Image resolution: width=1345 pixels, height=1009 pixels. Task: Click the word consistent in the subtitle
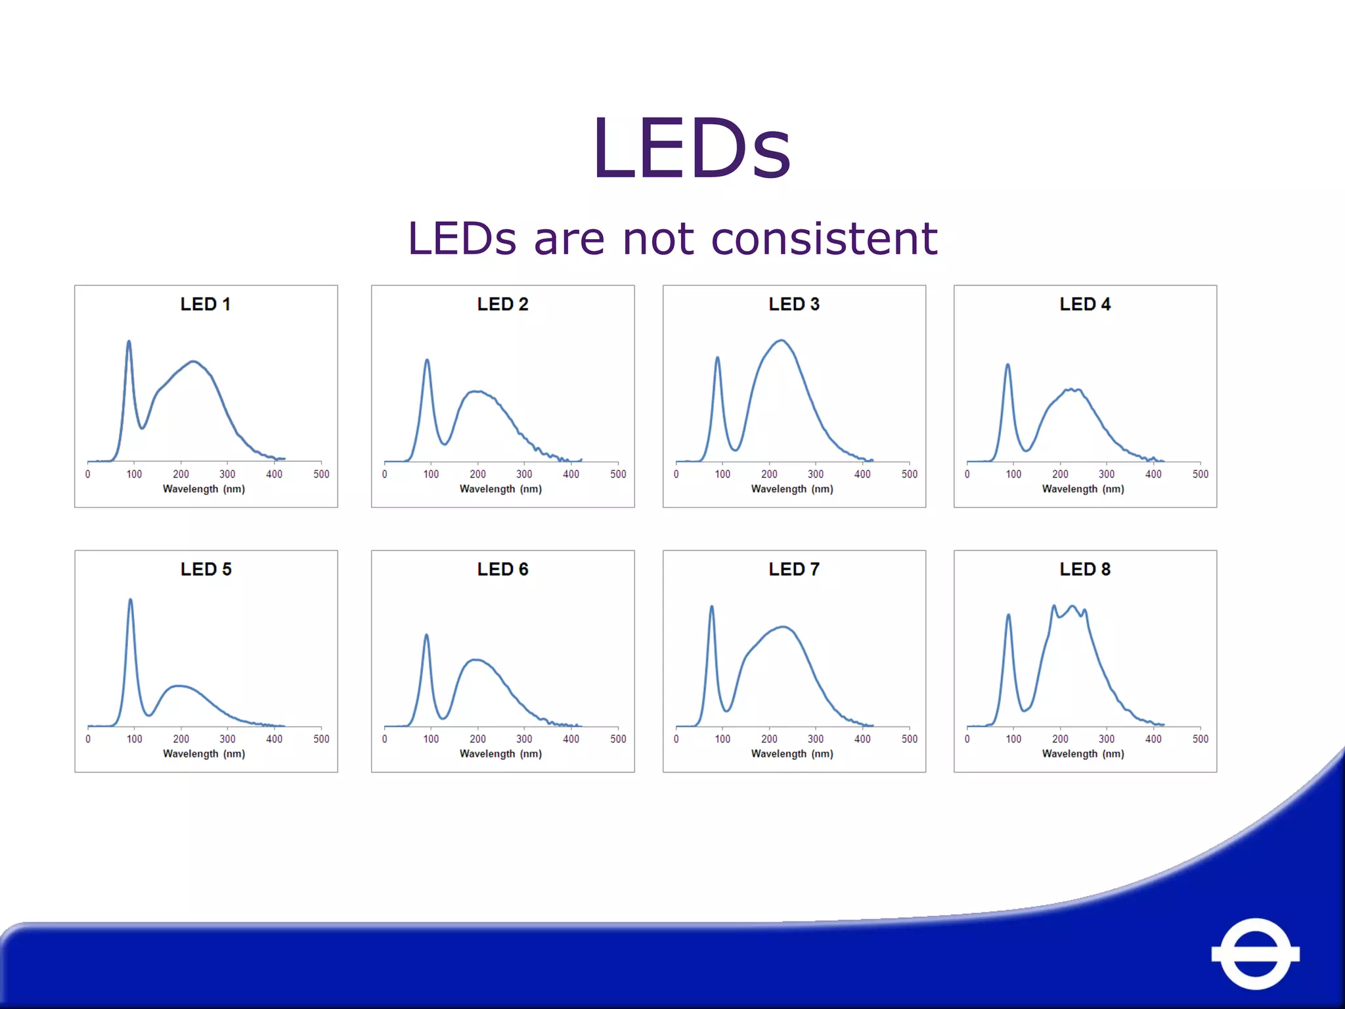(x=824, y=238)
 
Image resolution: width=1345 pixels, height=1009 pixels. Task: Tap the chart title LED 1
(x=206, y=304)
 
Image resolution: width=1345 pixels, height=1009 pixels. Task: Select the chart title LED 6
(x=502, y=569)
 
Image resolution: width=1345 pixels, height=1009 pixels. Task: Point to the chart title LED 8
(x=1085, y=569)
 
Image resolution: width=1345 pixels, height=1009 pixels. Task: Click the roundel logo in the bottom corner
(x=1255, y=953)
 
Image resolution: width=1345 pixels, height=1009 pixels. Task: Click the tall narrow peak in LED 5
(x=130, y=601)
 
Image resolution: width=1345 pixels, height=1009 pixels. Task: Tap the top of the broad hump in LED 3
(x=782, y=341)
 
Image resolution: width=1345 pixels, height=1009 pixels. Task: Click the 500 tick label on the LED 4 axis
(x=1200, y=474)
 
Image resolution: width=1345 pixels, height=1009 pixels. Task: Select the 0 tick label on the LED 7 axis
(x=676, y=739)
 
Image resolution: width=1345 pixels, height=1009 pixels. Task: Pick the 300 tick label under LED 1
(x=227, y=474)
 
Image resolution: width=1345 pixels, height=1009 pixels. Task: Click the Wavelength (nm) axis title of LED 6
(x=500, y=754)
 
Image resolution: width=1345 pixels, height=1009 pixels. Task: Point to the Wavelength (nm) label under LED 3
(x=792, y=489)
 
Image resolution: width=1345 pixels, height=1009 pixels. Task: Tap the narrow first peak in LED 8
(x=1008, y=616)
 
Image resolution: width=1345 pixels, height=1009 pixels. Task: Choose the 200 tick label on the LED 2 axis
(x=477, y=474)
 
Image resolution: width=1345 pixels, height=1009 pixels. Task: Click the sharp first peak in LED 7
(x=711, y=608)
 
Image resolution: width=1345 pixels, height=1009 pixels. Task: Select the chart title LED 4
(x=1085, y=304)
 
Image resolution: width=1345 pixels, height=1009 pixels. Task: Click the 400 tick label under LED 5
(x=274, y=739)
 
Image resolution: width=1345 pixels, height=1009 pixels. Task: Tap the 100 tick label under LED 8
(x=1013, y=739)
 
